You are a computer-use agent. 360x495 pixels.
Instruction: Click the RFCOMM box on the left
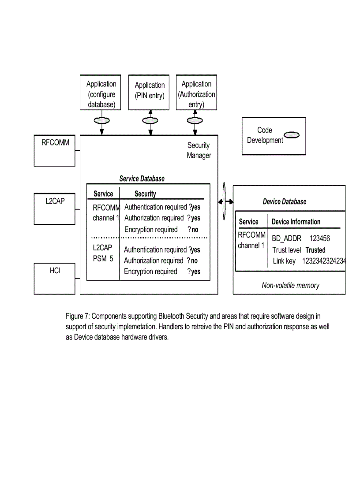[x=55, y=151]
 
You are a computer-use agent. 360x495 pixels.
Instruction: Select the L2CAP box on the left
[x=55, y=208]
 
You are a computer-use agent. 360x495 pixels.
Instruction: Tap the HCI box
[x=55, y=279]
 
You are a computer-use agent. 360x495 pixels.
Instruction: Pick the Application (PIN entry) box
[x=149, y=91]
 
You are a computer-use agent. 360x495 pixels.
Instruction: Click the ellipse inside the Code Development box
[x=291, y=135]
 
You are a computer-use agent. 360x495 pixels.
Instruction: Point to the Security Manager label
[x=199, y=150]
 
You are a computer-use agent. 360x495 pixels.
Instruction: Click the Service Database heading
[x=142, y=179]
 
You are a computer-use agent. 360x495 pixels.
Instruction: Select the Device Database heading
[x=284, y=201]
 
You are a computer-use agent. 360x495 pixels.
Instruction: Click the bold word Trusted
[x=315, y=250]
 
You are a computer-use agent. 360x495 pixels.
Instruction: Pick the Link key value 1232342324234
[x=324, y=261]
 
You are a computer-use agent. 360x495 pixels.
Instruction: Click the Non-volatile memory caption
[x=290, y=285]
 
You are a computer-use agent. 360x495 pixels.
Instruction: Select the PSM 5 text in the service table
[x=103, y=259]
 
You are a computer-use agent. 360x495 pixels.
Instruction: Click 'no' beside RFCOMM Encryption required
[x=195, y=230]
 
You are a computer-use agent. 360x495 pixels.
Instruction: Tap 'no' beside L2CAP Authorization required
[x=194, y=261]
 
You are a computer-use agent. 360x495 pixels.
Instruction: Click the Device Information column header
[x=296, y=222]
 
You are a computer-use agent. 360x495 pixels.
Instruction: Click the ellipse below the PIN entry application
[x=150, y=121]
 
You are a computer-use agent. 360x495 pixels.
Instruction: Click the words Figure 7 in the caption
[x=77, y=316]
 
